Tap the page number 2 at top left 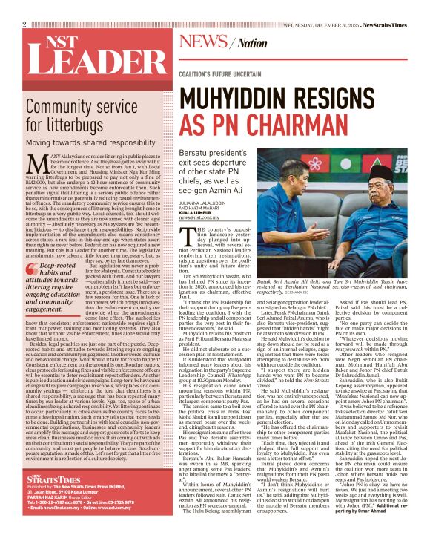tap(24, 24)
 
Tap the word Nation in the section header tap(252, 44)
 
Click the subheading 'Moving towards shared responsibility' tap(87, 142)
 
